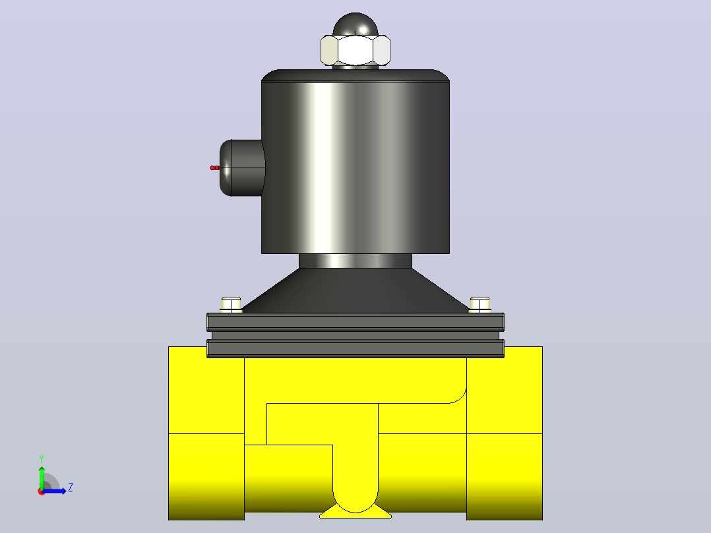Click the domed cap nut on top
[x=355, y=24]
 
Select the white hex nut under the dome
[x=355, y=50]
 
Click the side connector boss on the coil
[x=241, y=168]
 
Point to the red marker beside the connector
[x=214, y=168]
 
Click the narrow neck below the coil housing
[x=355, y=261]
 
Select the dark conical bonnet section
[x=355, y=290]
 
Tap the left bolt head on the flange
[x=231, y=305]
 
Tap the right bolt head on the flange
[x=479, y=305]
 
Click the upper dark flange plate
[x=355, y=322]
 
